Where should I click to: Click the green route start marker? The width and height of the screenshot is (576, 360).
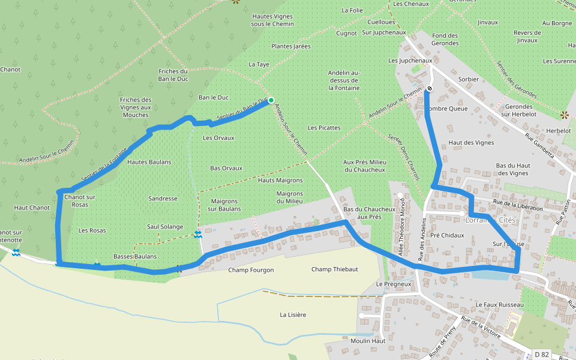(x=271, y=100)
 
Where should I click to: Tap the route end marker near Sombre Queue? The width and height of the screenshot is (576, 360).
(x=430, y=88)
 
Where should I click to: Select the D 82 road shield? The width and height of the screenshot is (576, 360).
(x=542, y=355)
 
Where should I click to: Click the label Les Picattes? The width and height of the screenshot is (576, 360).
(x=324, y=128)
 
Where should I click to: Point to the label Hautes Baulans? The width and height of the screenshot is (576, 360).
(x=149, y=162)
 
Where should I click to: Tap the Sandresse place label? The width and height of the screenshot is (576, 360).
(x=163, y=198)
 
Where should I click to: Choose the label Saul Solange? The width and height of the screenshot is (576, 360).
(x=165, y=227)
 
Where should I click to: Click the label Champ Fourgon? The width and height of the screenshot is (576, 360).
(x=251, y=270)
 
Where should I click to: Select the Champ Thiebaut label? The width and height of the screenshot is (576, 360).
(x=334, y=269)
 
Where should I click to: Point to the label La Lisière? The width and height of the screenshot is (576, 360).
(x=293, y=314)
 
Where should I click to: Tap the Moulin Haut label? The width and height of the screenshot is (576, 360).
(x=369, y=341)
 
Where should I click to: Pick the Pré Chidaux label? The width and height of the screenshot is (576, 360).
(x=447, y=235)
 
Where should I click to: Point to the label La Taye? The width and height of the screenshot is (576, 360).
(x=259, y=64)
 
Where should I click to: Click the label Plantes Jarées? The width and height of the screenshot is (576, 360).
(x=291, y=46)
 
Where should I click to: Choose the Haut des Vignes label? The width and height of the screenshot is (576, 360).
(x=472, y=143)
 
